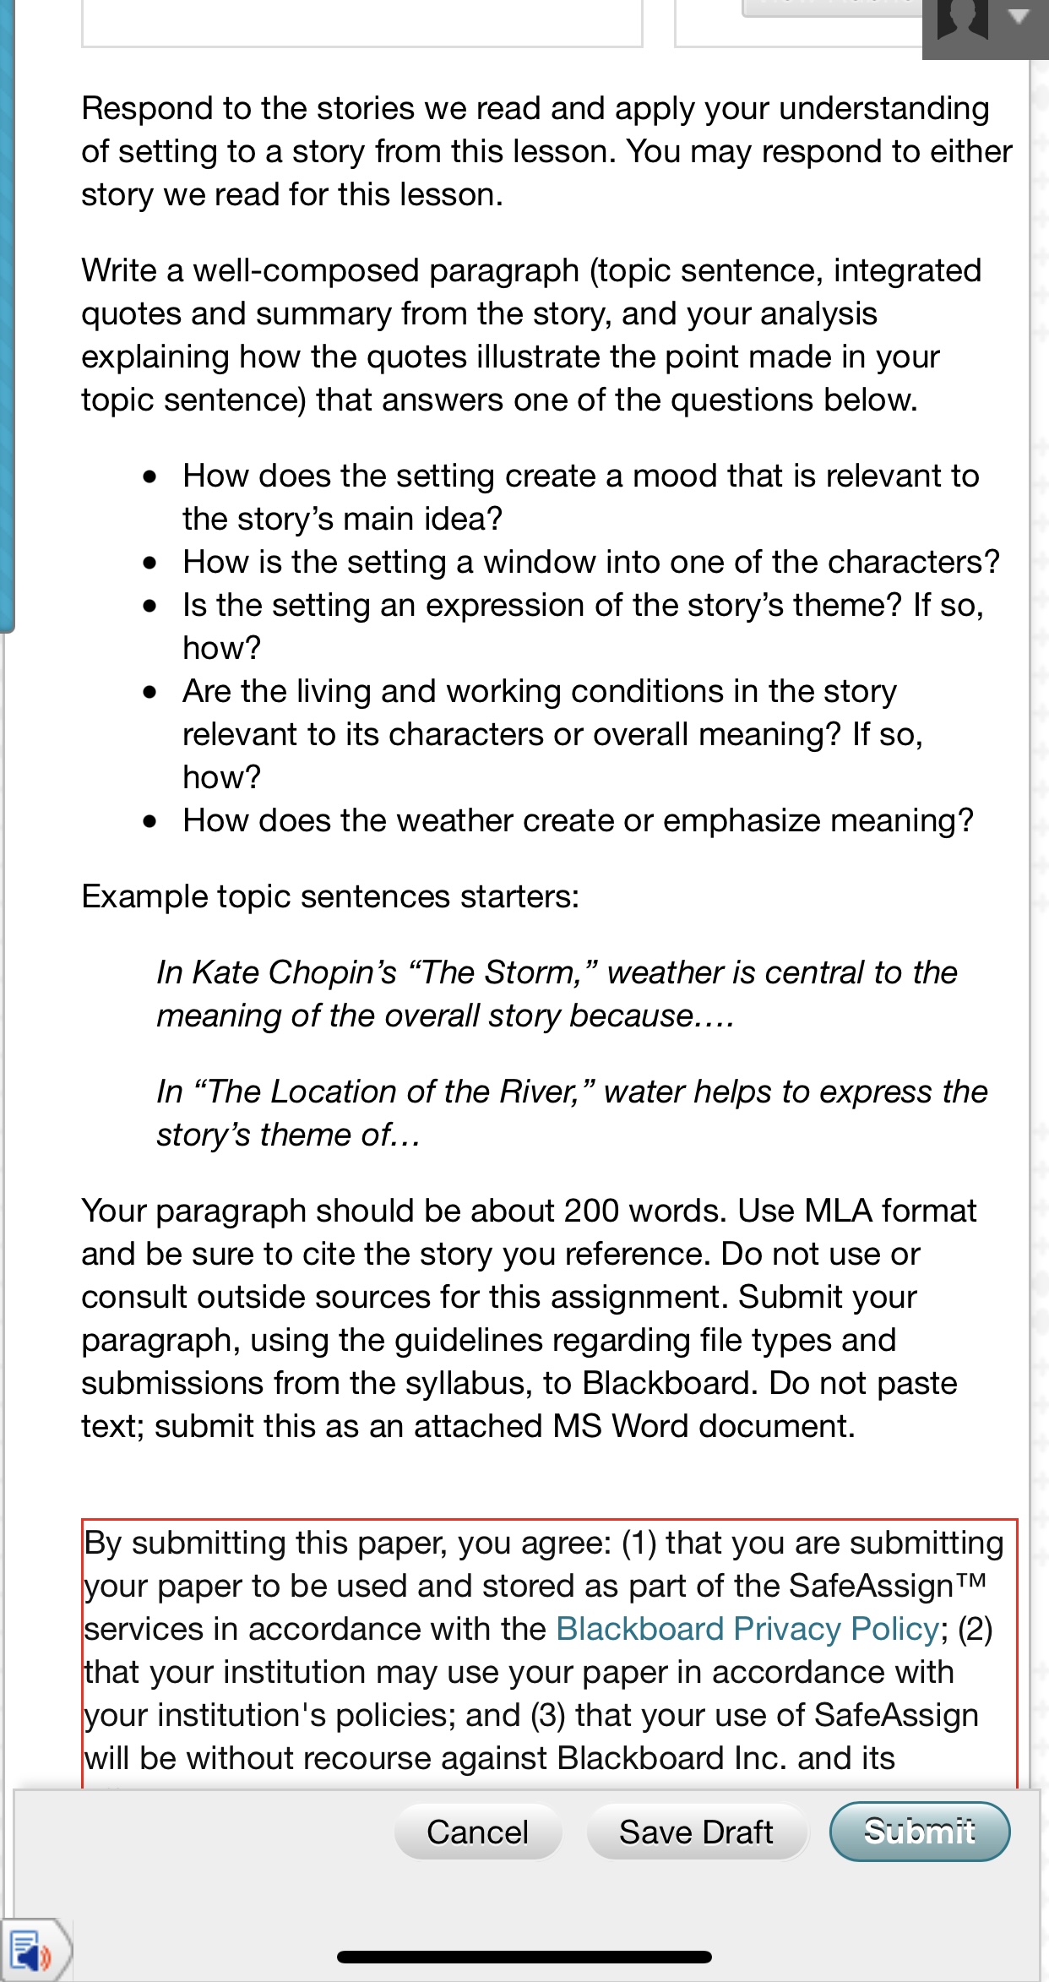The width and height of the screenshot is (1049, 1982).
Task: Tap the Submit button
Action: tap(919, 1832)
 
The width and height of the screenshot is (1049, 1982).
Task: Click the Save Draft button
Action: tap(696, 1832)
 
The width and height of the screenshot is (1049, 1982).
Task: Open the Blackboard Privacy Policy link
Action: tap(747, 1629)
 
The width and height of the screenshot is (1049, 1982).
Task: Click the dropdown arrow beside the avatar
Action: tap(1019, 18)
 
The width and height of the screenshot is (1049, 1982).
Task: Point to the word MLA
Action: tap(838, 1212)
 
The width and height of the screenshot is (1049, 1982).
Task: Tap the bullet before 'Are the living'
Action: tap(150, 693)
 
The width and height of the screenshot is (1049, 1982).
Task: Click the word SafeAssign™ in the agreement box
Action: tap(888, 1586)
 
